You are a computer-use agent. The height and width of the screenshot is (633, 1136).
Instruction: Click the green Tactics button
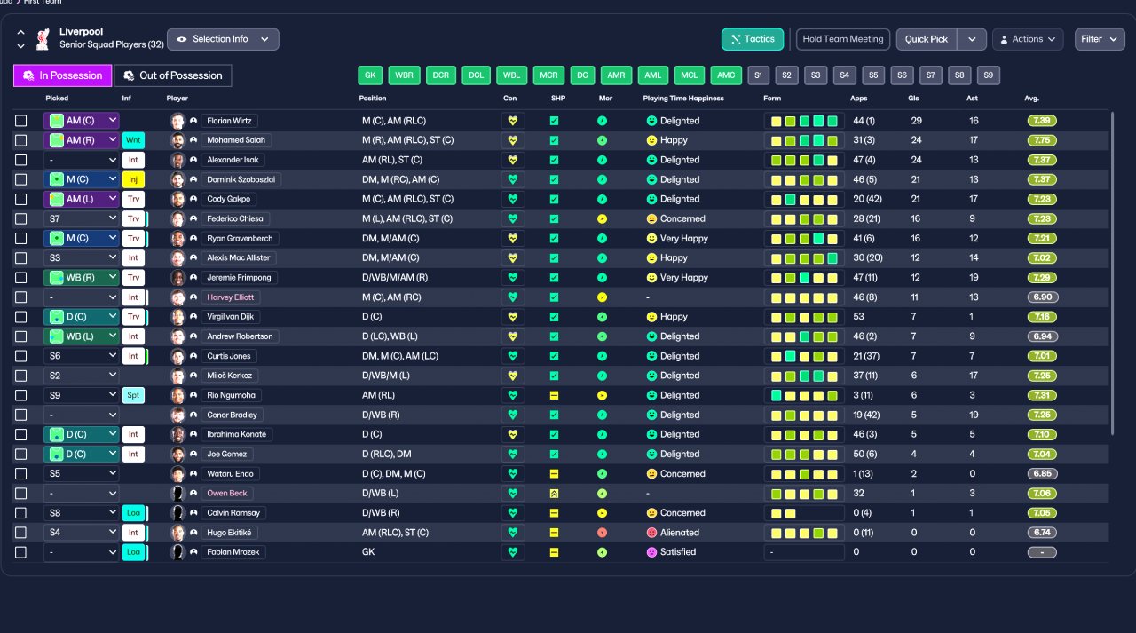(752, 39)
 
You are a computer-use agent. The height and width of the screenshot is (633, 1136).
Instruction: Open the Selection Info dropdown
(223, 39)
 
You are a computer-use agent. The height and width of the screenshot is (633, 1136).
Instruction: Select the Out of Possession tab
(173, 75)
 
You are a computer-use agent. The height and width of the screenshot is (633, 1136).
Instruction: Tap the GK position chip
(370, 75)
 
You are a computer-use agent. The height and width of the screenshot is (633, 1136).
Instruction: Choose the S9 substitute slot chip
(989, 75)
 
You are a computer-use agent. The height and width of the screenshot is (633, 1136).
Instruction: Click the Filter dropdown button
(1100, 39)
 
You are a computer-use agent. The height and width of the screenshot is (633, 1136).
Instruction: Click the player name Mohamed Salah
(236, 140)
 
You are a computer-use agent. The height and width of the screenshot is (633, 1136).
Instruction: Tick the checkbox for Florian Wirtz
(20, 121)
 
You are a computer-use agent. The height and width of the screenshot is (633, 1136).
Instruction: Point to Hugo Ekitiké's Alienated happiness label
(680, 533)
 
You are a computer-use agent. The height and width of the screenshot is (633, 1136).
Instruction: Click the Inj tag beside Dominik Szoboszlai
(133, 179)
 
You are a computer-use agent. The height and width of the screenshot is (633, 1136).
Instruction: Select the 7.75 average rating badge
(1042, 140)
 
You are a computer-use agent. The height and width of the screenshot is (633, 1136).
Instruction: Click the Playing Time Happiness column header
(683, 99)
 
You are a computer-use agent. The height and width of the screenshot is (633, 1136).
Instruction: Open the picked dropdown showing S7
(81, 218)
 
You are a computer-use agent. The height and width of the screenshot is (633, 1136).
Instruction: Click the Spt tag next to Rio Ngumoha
(133, 395)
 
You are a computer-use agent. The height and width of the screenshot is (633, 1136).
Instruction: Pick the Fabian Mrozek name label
(233, 552)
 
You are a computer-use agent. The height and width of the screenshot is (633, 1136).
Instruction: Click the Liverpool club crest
(43, 39)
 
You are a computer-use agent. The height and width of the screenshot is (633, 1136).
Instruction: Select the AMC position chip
(726, 75)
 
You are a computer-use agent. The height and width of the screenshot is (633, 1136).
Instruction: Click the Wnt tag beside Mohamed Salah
(133, 140)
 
